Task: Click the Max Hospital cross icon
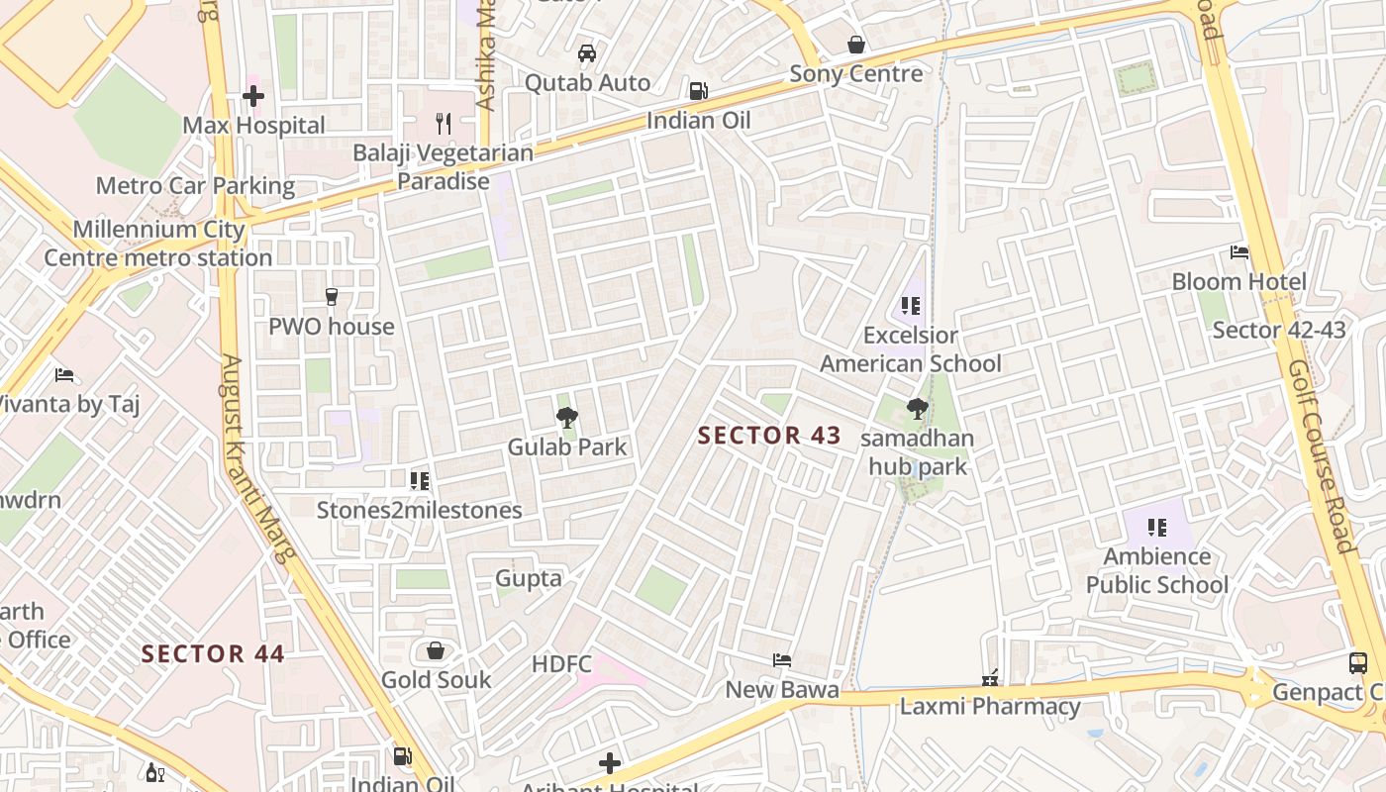coord(253,96)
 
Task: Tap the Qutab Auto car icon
coord(587,53)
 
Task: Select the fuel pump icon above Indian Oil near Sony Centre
coord(698,91)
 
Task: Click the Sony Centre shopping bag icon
coord(856,45)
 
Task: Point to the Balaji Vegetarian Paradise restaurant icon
coord(444,124)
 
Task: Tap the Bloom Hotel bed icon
coord(1239,252)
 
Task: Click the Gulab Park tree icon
coord(567,418)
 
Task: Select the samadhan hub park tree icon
coord(918,408)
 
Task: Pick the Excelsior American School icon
coord(911,306)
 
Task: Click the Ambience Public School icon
coord(1156,528)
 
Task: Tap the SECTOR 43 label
coord(769,436)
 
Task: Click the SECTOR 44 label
coord(213,653)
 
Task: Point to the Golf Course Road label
coord(1320,455)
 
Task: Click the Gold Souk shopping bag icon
coord(435,650)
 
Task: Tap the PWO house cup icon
coord(332,296)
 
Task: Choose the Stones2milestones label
coord(419,511)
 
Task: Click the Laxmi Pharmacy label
coord(989,707)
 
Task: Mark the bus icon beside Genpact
coord(1358,663)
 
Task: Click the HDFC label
coord(561,664)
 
